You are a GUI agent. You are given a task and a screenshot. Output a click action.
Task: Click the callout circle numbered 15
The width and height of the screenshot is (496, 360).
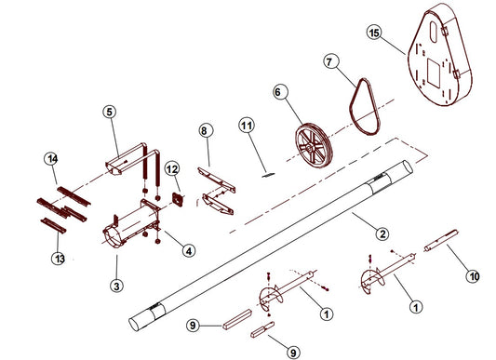coord(374,33)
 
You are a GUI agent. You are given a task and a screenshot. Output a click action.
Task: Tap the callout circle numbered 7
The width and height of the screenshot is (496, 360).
coord(331,61)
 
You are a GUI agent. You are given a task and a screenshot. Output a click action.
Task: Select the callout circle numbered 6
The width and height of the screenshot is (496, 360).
coord(281,92)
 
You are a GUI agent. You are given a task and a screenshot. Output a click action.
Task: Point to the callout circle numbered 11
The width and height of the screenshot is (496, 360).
coord(247,126)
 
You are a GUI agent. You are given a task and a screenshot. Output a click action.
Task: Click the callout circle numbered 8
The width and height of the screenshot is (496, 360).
coord(206,130)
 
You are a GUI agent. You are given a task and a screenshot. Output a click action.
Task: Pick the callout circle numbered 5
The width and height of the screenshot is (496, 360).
coord(110,112)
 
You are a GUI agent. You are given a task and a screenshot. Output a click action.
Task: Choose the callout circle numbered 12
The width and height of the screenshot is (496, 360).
coord(172,169)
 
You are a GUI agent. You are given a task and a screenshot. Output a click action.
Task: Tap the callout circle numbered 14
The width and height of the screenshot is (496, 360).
coord(51,158)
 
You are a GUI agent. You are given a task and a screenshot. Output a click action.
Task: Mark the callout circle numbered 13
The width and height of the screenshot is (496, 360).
coord(59,259)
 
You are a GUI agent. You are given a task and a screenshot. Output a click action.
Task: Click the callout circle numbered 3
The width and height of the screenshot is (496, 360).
coord(116,286)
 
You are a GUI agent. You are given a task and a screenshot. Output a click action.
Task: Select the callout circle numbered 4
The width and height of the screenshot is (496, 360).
coord(189,251)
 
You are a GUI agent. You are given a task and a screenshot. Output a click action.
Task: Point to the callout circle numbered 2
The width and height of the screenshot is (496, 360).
coord(382,233)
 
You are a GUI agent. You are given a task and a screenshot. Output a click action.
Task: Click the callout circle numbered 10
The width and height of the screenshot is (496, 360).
coord(474,276)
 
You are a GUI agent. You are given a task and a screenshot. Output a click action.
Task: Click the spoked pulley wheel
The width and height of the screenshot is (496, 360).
coord(314,145)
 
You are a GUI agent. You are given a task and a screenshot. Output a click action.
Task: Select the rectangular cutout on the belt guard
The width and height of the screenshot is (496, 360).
coord(434,73)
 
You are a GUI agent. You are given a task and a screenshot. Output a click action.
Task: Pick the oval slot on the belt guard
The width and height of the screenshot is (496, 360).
coord(434,32)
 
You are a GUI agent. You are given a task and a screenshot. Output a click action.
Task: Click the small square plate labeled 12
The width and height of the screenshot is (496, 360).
coord(178,199)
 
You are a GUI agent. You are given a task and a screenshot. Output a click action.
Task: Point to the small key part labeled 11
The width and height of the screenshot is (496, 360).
coord(268,174)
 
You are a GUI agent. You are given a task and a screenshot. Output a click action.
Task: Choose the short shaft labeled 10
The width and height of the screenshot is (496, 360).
coord(441,240)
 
